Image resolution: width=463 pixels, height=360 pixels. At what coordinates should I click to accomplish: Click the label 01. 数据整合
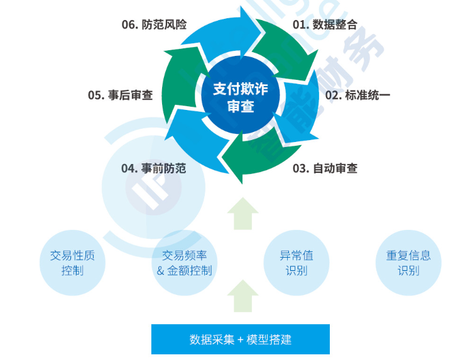click(x=325, y=25)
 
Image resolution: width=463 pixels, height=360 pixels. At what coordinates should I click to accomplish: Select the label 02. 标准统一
click(x=357, y=95)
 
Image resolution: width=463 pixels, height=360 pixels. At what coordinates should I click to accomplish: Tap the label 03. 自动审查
click(x=325, y=168)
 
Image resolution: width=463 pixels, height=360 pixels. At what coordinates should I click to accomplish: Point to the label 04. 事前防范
click(x=153, y=168)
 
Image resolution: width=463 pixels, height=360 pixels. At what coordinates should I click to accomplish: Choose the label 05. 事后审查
click(x=120, y=95)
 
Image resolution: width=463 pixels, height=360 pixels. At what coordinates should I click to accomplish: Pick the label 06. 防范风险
click(x=154, y=25)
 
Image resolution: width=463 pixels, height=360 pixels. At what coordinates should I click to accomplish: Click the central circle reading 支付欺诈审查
click(x=240, y=97)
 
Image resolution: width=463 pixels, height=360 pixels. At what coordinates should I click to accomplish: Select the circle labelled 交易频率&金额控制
click(x=185, y=263)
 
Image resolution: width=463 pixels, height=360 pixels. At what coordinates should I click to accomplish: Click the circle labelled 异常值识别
click(x=296, y=263)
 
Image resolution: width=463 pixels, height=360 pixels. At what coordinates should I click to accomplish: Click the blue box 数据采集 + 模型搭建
click(x=240, y=339)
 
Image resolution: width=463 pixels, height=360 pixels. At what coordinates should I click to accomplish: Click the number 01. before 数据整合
click(x=301, y=25)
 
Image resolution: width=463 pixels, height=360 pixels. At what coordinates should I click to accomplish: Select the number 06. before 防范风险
click(x=129, y=25)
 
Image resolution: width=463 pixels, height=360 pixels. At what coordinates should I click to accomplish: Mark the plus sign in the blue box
click(x=241, y=340)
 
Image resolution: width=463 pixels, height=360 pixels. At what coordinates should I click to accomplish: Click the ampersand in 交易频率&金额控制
click(x=160, y=271)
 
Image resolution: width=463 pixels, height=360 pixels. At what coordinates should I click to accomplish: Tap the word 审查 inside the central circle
click(x=240, y=106)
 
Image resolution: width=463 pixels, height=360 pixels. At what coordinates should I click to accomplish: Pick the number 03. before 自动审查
click(x=301, y=168)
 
